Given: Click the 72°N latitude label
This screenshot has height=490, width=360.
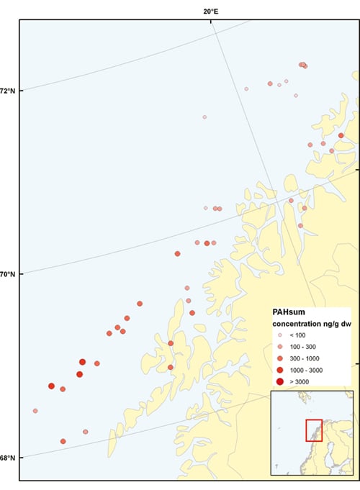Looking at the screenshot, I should (8, 91).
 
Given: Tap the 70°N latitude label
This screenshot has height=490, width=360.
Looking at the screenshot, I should (8, 274).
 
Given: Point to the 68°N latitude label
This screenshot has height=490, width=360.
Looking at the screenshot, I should (8, 458).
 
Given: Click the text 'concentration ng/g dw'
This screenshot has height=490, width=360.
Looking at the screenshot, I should (309, 324).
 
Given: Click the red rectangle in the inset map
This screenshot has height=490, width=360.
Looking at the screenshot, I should (314, 430).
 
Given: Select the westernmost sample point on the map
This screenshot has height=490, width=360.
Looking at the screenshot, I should (35, 411).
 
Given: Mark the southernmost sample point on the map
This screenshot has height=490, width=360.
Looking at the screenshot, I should (63, 441).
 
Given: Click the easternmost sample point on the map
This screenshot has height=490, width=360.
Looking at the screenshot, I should (341, 135).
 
